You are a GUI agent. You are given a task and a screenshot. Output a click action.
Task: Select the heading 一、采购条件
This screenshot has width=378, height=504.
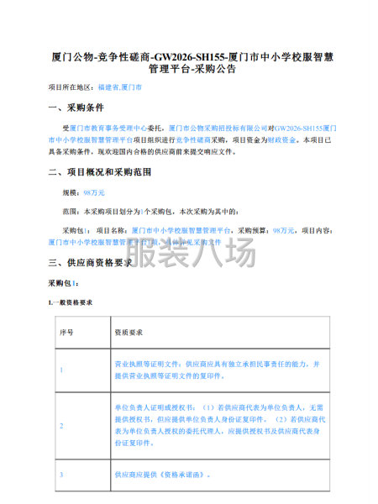(76, 108)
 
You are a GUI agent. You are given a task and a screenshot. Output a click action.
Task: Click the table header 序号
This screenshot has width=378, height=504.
(66, 333)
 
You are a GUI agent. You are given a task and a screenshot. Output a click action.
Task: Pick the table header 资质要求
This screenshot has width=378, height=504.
(127, 333)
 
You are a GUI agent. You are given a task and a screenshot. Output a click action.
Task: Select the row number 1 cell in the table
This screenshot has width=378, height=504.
(61, 370)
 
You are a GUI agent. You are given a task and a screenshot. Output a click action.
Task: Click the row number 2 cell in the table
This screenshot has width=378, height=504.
(61, 426)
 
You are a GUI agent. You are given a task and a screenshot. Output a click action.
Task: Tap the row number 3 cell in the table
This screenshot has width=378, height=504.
(61, 475)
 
